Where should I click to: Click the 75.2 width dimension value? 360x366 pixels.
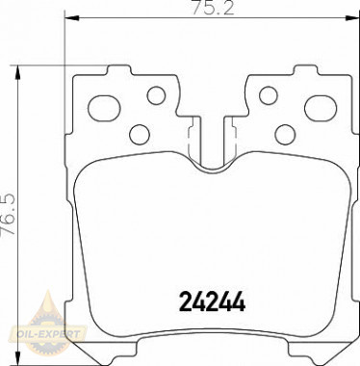[x=213, y=9]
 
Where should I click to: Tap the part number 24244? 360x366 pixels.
[x=212, y=301]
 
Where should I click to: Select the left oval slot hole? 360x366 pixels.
[x=104, y=109]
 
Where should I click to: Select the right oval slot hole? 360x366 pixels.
[x=321, y=109]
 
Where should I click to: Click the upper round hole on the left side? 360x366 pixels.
[x=156, y=95]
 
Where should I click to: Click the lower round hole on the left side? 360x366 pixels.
[x=140, y=134]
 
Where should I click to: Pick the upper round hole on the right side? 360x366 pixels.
[x=268, y=95]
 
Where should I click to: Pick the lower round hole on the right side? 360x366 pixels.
[x=285, y=134]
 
